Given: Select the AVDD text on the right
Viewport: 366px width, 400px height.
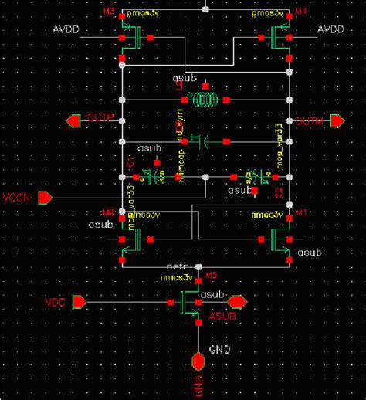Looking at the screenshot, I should [332, 29].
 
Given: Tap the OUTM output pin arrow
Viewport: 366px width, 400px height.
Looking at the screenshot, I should [337, 120].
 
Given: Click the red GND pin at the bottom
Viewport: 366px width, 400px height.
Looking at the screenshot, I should [198, 360].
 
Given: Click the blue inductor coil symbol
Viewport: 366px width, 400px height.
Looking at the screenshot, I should [205, 100].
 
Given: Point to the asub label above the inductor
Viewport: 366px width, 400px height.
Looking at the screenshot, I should [187, 79].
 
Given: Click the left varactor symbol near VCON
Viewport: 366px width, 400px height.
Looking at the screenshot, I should [157, 176].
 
